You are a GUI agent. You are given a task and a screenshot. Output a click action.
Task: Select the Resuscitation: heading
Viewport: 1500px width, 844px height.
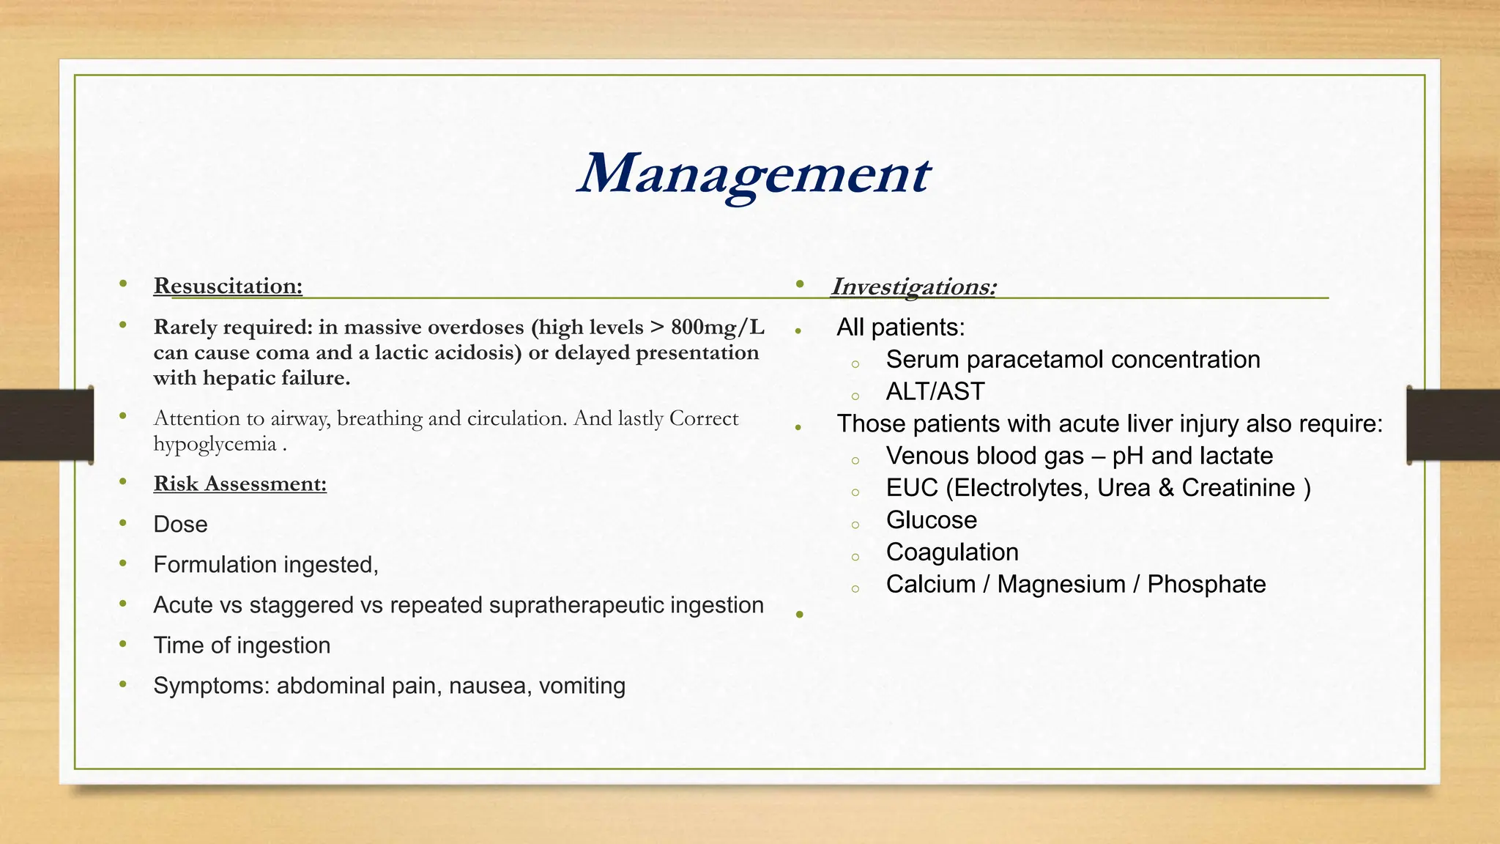228,286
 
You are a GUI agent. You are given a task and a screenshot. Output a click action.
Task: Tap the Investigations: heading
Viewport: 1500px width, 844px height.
913,286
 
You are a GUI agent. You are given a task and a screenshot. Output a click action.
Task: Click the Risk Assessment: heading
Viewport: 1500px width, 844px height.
240,484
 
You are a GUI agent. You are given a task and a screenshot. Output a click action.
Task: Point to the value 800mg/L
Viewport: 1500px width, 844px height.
717,327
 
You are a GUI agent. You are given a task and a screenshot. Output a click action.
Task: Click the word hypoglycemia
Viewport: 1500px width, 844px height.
215,444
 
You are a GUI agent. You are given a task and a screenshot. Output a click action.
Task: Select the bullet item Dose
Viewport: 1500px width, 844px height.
180,525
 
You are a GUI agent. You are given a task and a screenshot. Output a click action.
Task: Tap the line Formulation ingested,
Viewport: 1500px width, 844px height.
265,565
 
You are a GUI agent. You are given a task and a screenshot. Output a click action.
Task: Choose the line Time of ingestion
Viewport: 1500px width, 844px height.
242,645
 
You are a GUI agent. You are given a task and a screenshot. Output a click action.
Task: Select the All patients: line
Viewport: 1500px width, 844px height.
900,327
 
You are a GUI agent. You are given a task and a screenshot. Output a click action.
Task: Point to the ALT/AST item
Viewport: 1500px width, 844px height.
935,391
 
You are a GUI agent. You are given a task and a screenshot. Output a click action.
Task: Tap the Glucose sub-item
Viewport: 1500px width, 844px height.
931,520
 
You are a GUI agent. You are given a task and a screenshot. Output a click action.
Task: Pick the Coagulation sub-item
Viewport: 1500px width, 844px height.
951,552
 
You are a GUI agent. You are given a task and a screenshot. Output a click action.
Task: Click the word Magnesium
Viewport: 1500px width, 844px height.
1061,585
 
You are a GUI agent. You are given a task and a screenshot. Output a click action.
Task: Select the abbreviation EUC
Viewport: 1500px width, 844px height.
912,488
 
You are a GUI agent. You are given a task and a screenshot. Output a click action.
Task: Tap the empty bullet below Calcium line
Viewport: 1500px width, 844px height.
799,615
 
